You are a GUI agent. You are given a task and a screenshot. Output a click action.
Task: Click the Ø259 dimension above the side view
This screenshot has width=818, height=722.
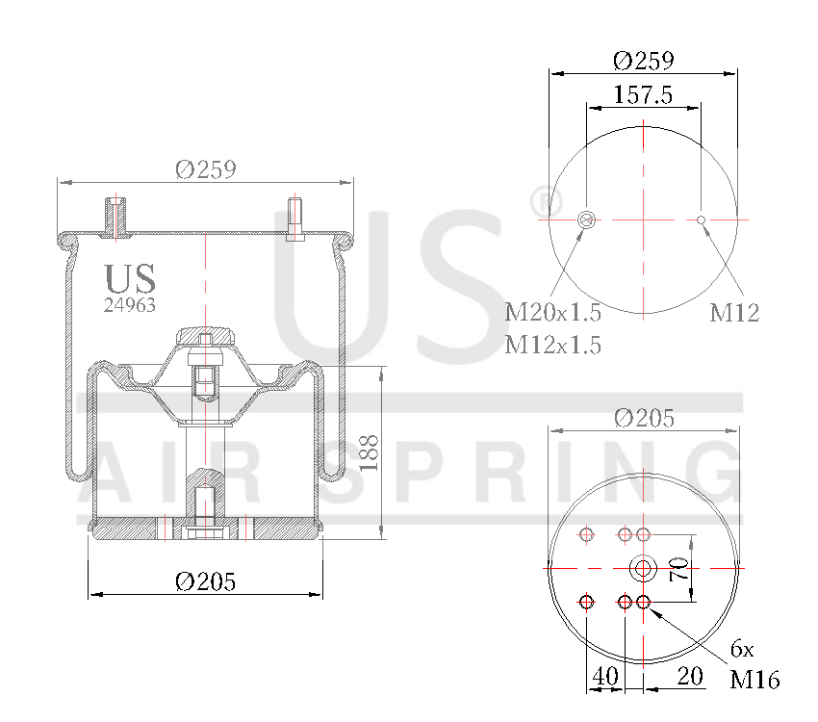(205, 169)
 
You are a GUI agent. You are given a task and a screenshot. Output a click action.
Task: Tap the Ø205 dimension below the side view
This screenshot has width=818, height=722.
(205, 581)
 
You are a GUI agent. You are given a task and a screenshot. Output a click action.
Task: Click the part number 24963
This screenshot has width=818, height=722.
(129, 304)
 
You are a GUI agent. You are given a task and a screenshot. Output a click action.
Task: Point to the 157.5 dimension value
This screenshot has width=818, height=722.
(642, 94)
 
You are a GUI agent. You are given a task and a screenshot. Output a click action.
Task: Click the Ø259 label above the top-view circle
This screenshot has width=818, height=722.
(643, 60)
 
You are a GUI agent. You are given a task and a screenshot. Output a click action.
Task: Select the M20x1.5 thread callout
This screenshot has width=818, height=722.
(552, 312)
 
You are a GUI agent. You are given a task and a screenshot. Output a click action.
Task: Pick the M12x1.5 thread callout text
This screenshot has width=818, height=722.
(552, 345)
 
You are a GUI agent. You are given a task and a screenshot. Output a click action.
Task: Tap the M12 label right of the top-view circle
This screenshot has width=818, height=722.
(734, 312)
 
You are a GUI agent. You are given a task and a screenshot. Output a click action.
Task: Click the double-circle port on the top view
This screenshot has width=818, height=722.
(586, 220)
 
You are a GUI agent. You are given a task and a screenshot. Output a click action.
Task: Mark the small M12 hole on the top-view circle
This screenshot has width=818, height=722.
(702, 220)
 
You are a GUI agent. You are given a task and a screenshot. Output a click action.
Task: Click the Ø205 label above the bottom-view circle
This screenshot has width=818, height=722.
(643, 418)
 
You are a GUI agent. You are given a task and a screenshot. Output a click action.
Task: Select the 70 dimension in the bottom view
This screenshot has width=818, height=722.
(678, 569)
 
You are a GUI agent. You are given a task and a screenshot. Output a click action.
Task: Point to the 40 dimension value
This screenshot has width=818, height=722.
(604, 677)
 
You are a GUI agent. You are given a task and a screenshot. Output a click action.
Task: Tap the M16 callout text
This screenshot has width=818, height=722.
(754, 680)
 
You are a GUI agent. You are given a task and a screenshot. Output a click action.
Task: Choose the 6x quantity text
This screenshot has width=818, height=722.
(743, 647)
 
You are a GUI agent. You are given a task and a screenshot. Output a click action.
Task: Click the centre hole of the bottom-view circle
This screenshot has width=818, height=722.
(643, 568)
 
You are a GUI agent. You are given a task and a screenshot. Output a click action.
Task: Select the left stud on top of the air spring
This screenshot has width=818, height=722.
(115, 216)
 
